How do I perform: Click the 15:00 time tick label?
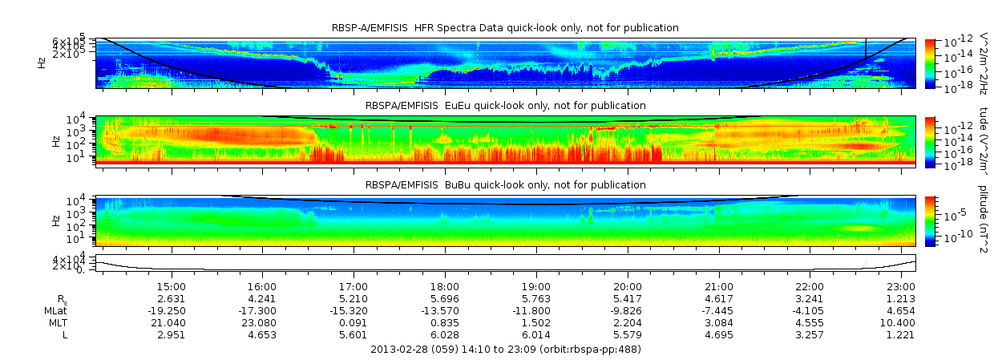pos(171,286)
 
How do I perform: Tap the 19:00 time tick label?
pos(535,286)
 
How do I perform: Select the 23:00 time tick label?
pos(901,286)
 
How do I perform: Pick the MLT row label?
pos(58,322)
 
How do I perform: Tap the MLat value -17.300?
pos(261,310)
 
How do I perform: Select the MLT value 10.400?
pos(901,322)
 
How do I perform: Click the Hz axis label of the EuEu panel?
pos(55,140)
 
